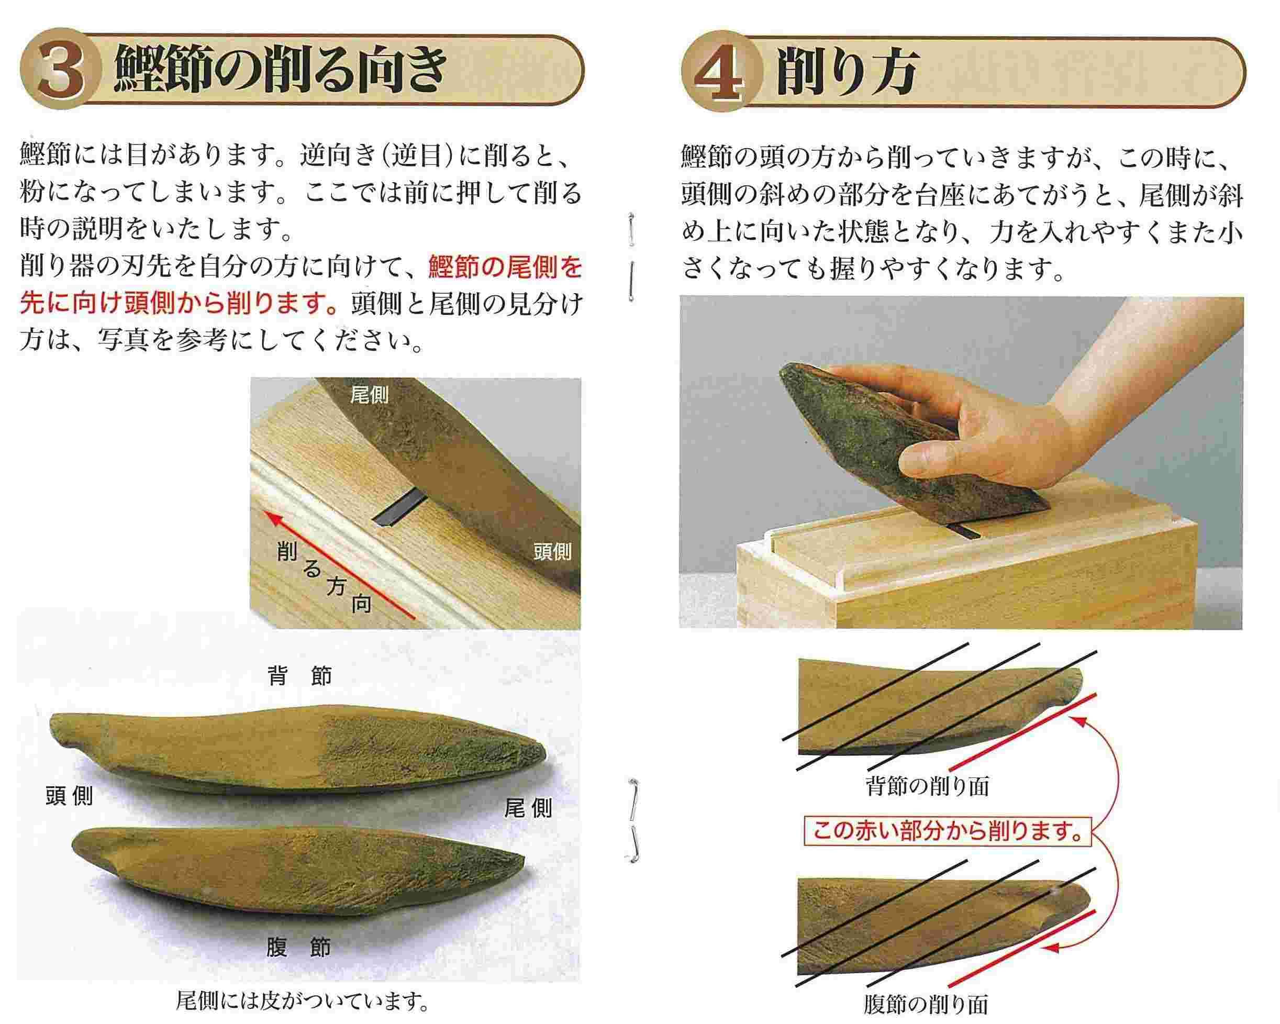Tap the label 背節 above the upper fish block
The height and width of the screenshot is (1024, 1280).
click(300, 675)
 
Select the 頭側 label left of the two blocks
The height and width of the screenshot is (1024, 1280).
click(70, 796)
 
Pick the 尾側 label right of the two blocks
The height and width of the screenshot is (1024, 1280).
click(528, 808)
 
